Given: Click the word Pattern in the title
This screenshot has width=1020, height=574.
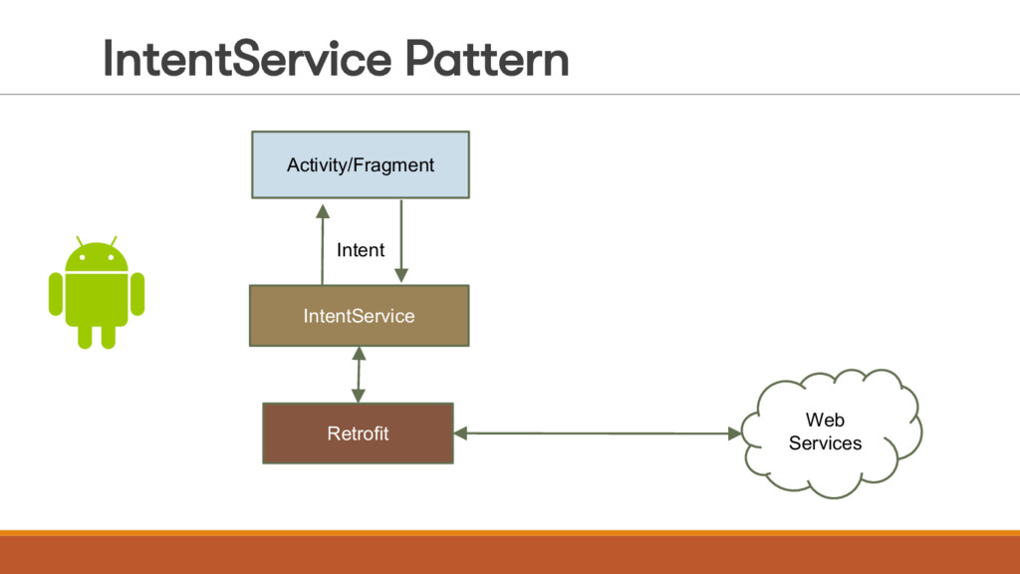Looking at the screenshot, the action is click(486, 59).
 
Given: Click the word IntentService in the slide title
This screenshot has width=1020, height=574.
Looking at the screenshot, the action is click(247, 59).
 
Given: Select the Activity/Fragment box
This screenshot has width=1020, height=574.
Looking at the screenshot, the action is click(361, 164).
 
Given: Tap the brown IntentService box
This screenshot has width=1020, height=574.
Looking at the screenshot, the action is click(359, 316).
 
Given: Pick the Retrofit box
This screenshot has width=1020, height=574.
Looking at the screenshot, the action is click(358, 433).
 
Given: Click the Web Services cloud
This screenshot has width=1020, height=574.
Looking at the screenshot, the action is click(832, 432).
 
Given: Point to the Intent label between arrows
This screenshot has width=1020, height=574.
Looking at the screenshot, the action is click(361, 250).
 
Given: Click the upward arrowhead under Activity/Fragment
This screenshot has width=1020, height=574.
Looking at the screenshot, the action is click(323, 211).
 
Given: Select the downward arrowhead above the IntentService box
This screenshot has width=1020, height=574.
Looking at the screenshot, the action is click(401, 275).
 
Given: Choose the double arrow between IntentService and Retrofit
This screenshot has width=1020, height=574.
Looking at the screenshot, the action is click(359, 375).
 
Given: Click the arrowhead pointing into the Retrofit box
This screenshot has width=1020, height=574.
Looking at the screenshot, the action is click(460, 432).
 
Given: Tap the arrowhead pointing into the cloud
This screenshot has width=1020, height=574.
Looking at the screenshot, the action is click(734, 432).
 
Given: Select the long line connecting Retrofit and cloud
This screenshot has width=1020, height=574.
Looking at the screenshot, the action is click(598, 432).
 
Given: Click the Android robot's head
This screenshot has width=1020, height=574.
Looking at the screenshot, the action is click(97, 256).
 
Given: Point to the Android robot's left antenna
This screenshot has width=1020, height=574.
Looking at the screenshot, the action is click(80, 241).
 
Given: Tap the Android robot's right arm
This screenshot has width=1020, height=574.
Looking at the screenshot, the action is click(137, 294).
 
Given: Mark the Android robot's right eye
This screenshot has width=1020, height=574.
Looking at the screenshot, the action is click(112, 258).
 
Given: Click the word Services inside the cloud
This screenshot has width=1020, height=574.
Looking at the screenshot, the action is click(825, 443).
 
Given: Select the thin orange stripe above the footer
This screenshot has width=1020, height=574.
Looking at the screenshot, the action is click(510, 533).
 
